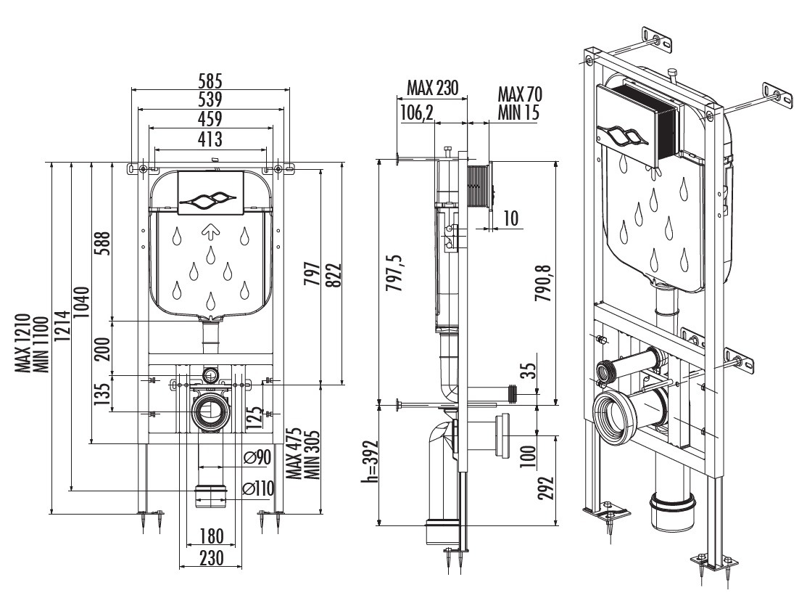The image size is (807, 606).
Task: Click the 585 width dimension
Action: pos(210,79)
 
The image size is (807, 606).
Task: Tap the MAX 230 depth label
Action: pos(433,89)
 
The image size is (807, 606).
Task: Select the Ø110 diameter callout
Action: pos(259,488)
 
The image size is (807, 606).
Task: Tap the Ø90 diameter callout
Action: pos(257,457)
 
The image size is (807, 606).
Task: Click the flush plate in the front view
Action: pos(210,194)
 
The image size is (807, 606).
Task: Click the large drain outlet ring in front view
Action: pos(210,411)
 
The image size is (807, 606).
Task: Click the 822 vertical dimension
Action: pos(336,274)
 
